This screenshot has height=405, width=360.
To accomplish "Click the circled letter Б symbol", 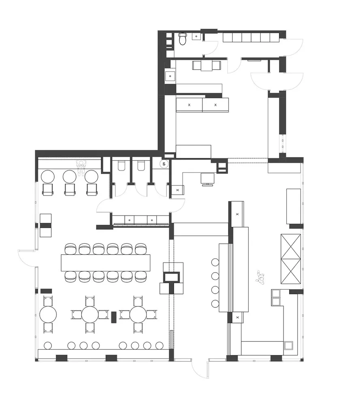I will (164, 164).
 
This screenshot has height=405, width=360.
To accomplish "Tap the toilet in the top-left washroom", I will (182, 39).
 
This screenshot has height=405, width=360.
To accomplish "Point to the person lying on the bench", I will (82, 166).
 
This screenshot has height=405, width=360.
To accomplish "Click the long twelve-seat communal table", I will (105, 262).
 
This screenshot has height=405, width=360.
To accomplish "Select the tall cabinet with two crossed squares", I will (291, 259).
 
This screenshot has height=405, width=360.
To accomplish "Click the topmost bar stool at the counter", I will (215, 262).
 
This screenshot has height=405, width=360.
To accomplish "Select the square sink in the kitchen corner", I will (289, 345).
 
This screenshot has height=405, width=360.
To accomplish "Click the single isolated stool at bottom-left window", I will (48, 345).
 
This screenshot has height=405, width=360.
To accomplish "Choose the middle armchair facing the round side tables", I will (70, 189).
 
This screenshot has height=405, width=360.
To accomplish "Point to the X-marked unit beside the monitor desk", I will (178, 190).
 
